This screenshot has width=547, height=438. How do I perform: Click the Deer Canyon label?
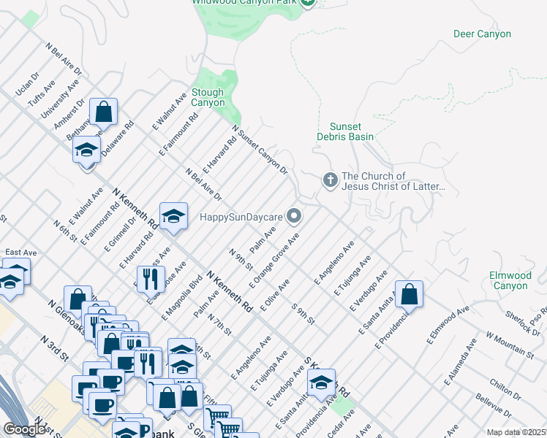coord(482,34)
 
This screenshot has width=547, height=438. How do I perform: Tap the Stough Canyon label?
coord(208,98)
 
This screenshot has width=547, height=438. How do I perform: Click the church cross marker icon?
coord(330,179)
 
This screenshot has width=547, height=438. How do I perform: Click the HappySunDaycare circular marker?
coord(294,215)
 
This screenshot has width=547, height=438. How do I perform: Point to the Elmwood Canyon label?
coord(510,280)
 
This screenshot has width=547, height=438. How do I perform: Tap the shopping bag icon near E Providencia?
coord(410,294)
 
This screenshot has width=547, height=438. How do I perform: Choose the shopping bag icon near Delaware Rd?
coord(104,112)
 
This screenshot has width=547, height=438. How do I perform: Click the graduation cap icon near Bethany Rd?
coord(86,150)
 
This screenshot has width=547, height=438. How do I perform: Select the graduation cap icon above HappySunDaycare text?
coord(173,215)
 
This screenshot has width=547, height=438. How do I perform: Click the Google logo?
coord(24,429)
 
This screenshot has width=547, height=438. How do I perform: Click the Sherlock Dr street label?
coord(521,320)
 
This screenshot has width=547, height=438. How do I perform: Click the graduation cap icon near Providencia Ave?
coord(321,382)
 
